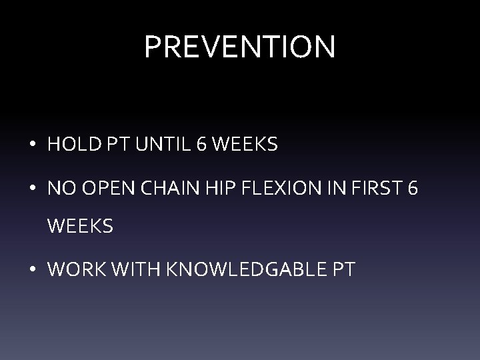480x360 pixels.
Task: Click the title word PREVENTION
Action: [240, 47]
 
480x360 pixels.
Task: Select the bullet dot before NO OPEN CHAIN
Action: [33, 189]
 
